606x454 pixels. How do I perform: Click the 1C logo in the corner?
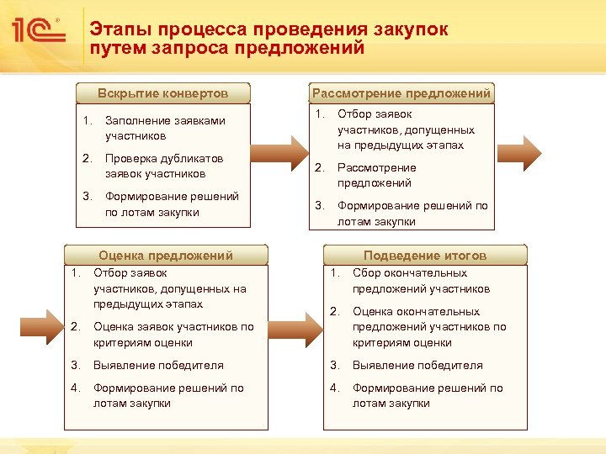[x=39, y=32]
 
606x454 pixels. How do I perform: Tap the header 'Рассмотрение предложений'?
[x=401, y=93]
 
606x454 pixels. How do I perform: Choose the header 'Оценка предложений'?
[x=166, y=256]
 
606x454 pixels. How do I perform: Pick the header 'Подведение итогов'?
[x=425, y=256]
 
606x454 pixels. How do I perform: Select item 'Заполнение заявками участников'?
[x=165, y=128]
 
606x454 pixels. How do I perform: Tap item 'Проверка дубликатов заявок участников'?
[x=164, y=166]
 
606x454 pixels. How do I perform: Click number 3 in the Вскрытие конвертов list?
[x=87, y=197]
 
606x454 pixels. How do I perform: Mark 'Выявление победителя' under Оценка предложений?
[x=158, y=366]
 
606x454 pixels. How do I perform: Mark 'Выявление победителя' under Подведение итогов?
[x=417, y=366]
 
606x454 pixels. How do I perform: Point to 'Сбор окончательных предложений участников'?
[x=421, y=281]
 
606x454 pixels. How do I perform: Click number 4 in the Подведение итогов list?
[x=334, y=388]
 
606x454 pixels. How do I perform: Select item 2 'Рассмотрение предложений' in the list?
[x=376, y=175]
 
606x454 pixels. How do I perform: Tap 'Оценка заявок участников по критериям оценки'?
[x=173, y=335]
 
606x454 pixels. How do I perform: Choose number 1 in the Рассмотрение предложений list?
[x=319, y=114]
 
